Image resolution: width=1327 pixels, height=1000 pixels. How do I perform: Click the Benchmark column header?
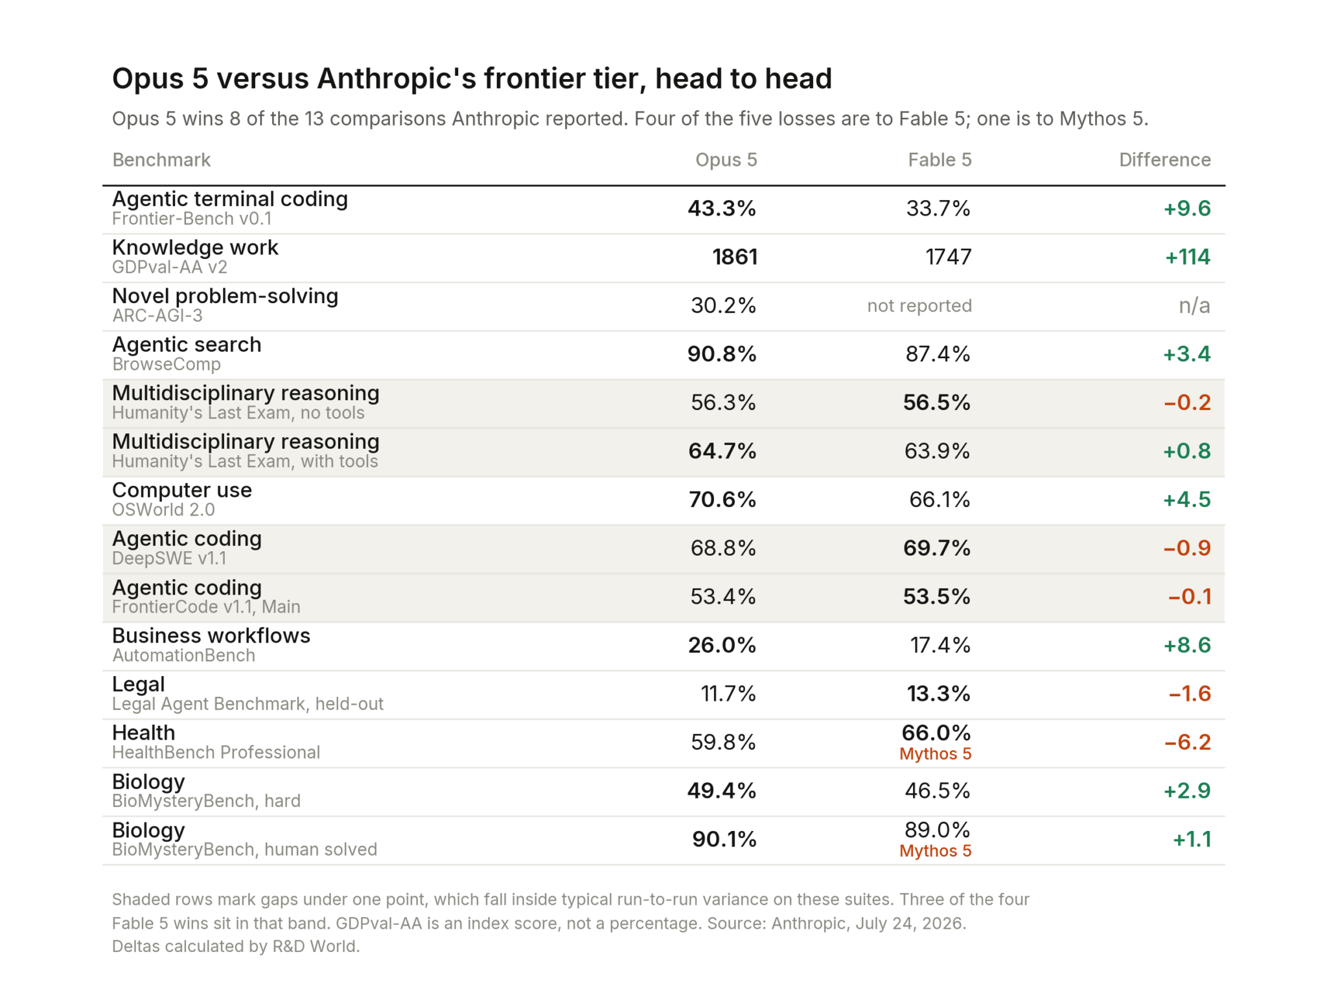pos(161,160)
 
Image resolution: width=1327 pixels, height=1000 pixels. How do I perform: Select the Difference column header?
pos(1164,160)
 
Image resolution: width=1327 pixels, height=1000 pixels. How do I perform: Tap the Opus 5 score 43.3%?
pos(722,209)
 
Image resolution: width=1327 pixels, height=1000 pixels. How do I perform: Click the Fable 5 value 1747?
pos(948,257)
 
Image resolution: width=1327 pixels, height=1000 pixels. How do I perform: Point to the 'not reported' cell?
pos(919,306)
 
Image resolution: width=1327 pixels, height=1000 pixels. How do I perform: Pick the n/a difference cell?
pos(1194,306)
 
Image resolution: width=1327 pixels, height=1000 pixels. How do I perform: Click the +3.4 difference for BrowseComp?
pos(1187,354)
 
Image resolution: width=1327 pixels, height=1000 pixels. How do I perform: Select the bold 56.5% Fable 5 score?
pos(937,403)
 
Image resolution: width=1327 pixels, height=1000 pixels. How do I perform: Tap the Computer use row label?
pos(182,490)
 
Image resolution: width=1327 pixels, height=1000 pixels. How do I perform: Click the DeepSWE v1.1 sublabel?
pos(170,558)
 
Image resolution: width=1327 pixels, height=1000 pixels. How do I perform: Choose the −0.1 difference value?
pos(1190,597)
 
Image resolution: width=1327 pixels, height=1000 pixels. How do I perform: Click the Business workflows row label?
pos(211,636)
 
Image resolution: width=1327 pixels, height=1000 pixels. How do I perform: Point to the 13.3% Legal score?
pos(939,694)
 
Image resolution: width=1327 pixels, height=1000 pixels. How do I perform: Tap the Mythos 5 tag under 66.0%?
pos(936,754)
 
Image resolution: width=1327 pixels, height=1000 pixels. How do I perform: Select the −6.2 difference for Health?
pos(1188,742)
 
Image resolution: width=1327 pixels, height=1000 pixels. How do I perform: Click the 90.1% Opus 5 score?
pos(724,839)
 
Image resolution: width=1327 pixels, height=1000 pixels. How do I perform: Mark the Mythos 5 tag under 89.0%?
pos(936,851)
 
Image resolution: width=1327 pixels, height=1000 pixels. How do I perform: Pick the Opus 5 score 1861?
pos(735,257)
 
